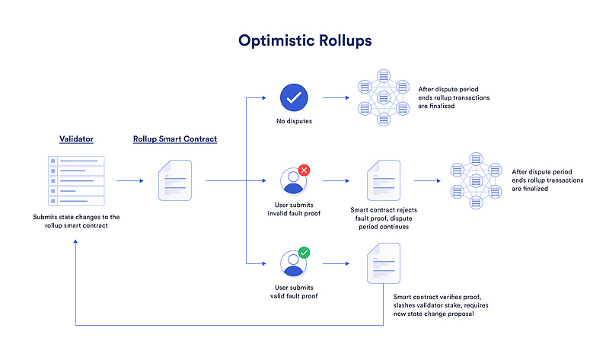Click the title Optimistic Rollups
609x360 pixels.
(304, 40)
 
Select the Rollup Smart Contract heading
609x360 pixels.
(174, 139)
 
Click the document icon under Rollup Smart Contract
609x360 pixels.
(174, 181)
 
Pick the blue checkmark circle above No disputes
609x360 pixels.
(293, 97)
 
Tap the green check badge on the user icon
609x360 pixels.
(304, 252)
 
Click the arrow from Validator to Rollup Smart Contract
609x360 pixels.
(130, 181)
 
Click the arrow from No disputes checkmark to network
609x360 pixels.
(335, 97)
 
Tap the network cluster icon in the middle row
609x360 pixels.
(476, 181)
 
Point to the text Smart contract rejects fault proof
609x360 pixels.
(384, 216)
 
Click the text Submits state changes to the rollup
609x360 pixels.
(77, 221)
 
